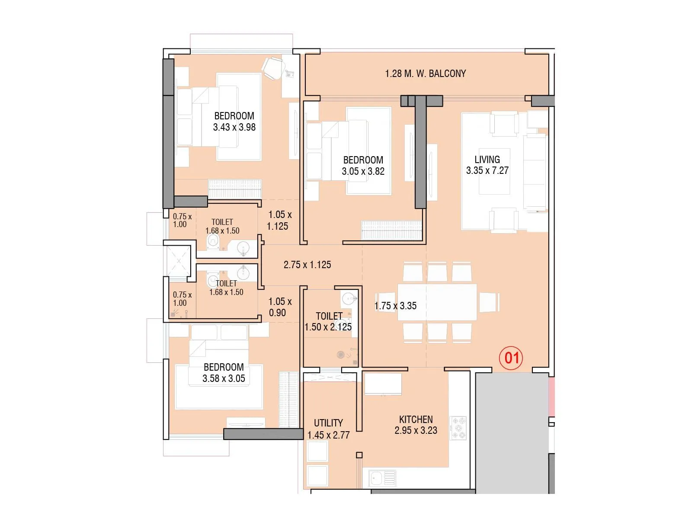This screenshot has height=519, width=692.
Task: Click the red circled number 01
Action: point(511,358)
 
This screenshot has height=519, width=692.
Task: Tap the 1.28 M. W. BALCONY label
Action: point(425,74)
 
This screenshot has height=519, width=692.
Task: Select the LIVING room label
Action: point(487,160)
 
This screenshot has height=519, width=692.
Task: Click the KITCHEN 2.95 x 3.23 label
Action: point(416,425)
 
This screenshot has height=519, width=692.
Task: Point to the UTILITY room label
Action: point(328,423)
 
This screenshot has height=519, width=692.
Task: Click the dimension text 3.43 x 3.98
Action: point(234,127)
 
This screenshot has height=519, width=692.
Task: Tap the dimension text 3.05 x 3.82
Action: point(363,171)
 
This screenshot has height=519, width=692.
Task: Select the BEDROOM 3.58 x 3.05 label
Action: point(224,372)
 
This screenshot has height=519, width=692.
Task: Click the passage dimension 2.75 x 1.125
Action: point(307,265)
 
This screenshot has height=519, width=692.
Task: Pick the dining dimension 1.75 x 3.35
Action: point(395,306)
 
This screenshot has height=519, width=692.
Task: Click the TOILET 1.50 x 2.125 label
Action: point(328,321)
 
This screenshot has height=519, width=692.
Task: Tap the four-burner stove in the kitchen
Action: point(458,428)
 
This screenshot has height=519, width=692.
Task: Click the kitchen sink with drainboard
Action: point(382,478)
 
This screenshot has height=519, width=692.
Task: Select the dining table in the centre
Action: point(437,302)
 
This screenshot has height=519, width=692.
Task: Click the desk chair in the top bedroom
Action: point(273,68)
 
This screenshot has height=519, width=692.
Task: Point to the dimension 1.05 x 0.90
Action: point(279,307)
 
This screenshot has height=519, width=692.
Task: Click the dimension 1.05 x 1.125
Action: point(279,220)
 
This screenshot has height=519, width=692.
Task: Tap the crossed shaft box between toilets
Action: point(178,260)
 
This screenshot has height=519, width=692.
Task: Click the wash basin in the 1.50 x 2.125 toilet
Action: point(349,298)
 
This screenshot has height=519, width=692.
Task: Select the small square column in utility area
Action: point(359,455)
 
